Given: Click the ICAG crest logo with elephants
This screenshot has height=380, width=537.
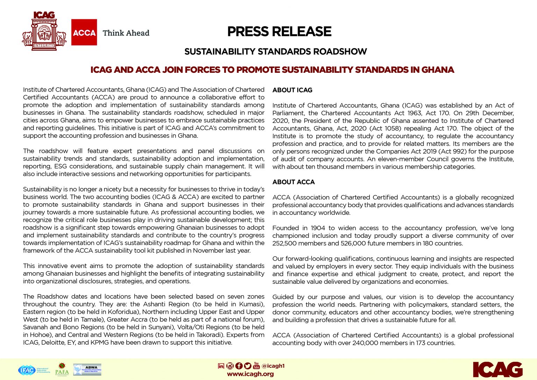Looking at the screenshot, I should pos(44,31).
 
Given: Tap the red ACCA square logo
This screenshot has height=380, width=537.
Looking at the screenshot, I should pos(84,32).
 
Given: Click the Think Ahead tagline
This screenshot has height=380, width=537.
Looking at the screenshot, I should pos(126,33).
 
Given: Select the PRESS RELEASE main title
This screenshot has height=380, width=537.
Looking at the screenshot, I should pos(279,31).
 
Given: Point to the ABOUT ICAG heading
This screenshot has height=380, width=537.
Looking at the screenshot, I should pos(292,90).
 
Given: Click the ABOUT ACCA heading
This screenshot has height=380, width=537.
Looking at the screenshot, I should pos(293,182).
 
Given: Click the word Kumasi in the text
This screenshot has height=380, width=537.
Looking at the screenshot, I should pos(251,304).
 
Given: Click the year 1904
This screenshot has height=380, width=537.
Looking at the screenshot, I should pos(317,228).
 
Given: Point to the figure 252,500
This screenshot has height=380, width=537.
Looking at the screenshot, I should pos(284,244).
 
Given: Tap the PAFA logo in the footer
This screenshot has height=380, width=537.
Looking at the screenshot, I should pos(62,369).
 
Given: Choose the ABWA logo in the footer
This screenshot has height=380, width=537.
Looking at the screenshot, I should pos(87,370).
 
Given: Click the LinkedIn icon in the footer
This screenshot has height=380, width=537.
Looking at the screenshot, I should pos(221,366).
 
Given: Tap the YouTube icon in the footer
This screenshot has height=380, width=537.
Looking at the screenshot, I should pos(256,366).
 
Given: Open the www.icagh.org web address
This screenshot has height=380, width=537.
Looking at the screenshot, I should pos(250,374).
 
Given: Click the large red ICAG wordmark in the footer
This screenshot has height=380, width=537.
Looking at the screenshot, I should pos(497,370).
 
